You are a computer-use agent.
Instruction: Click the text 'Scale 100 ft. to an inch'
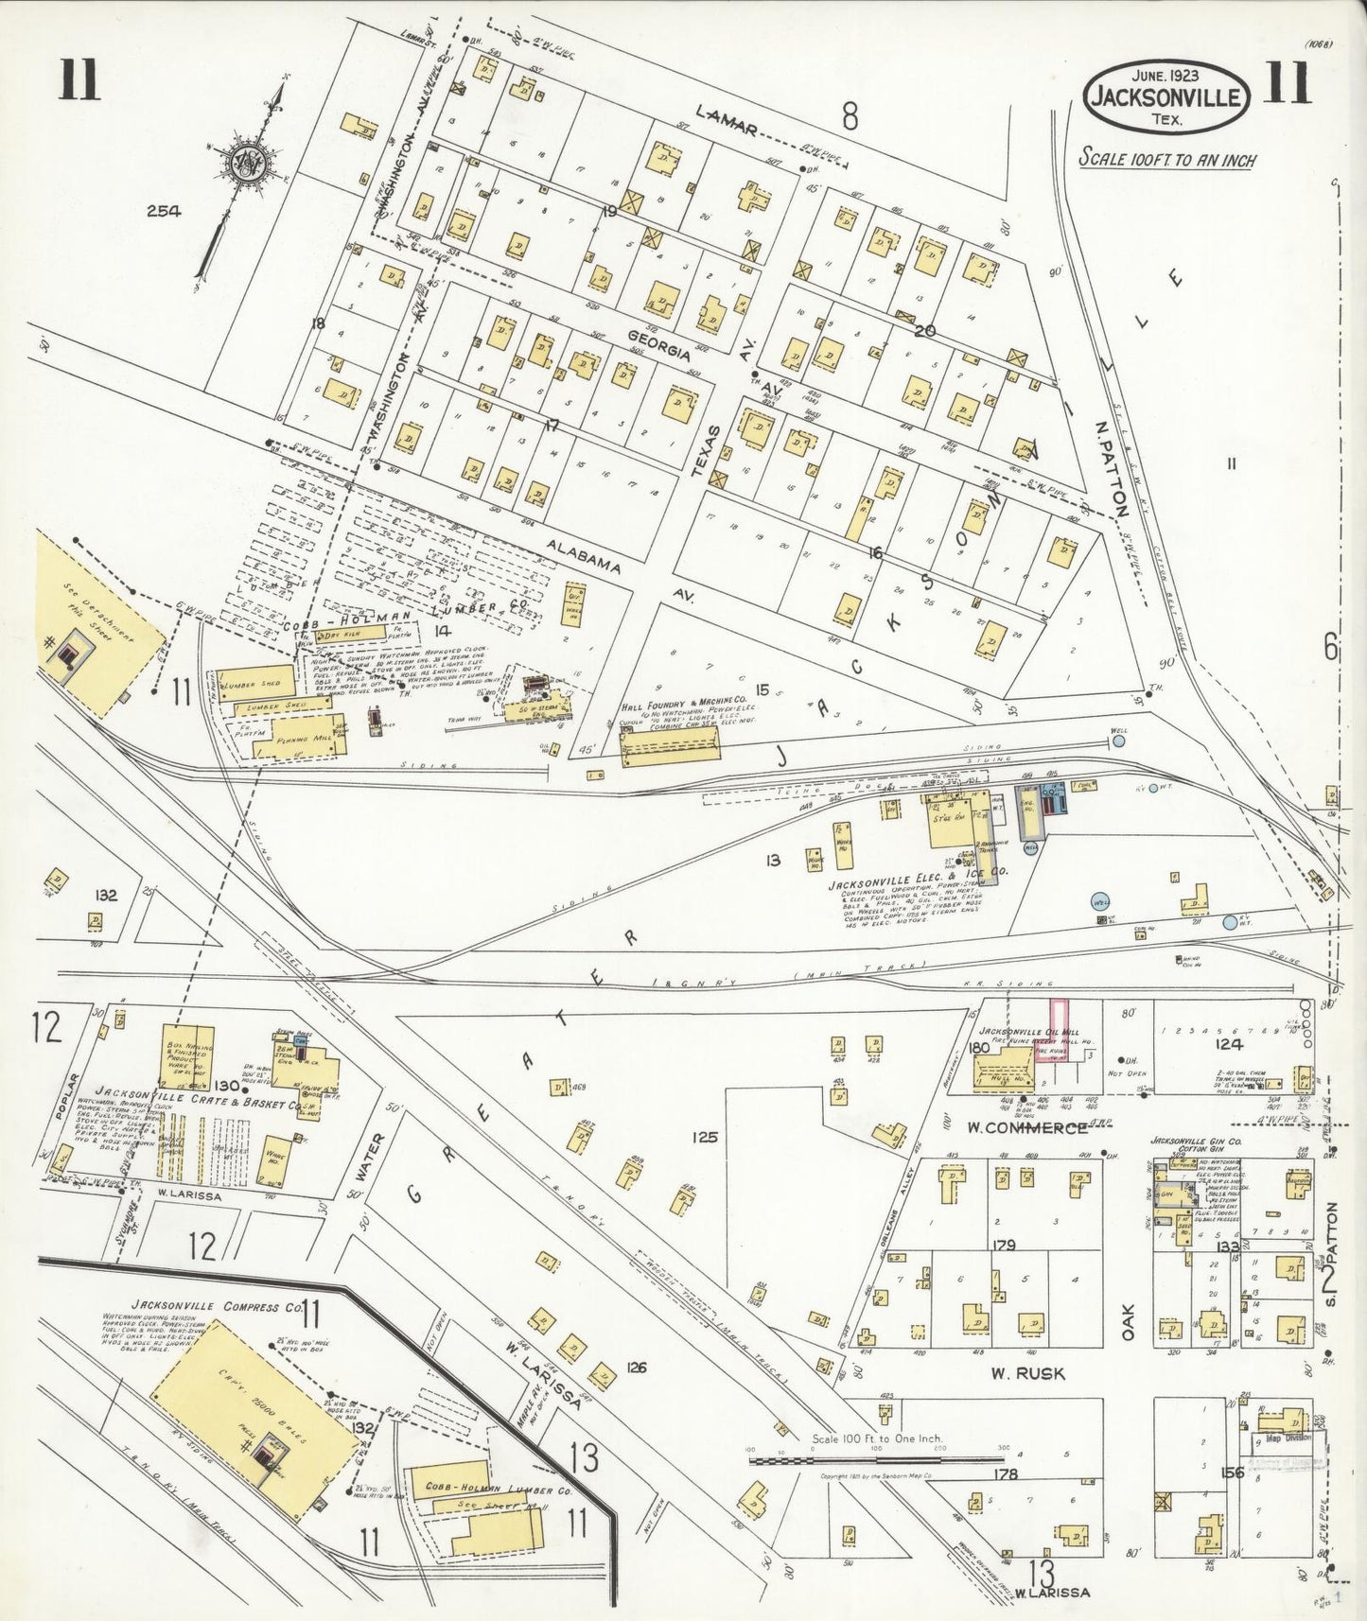pyautogui.click(x=1167, y=158)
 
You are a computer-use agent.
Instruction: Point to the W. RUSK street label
pyautogui.click(x=1027, y=1373)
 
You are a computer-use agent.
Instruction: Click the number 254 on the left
pyautogui.click(x=163, y=212)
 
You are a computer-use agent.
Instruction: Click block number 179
pyautogui.click(x=1004, y=1246)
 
